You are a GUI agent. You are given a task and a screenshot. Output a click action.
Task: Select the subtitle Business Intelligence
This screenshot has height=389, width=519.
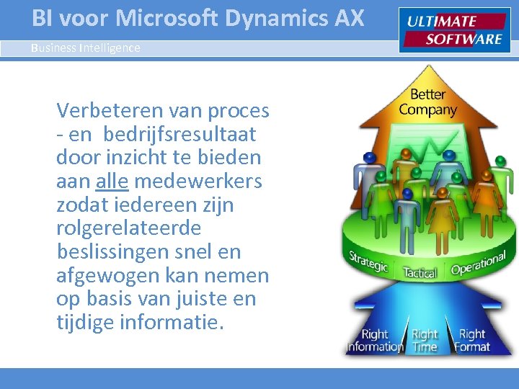[x=86, y=48]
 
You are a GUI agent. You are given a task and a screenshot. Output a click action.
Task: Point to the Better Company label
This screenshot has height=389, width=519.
[x=427, y=102]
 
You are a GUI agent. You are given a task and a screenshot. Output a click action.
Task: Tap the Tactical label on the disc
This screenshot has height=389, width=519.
[x=420, y=273]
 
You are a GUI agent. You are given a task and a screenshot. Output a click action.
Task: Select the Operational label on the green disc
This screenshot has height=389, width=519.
[x=479, y=263]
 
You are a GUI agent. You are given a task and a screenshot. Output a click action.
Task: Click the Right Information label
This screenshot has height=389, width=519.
[x=374, y=340]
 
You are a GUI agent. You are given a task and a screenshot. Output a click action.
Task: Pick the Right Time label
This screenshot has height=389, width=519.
[x=425, y=340]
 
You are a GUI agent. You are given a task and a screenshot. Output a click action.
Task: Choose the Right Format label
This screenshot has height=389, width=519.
[x=472, y=340]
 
